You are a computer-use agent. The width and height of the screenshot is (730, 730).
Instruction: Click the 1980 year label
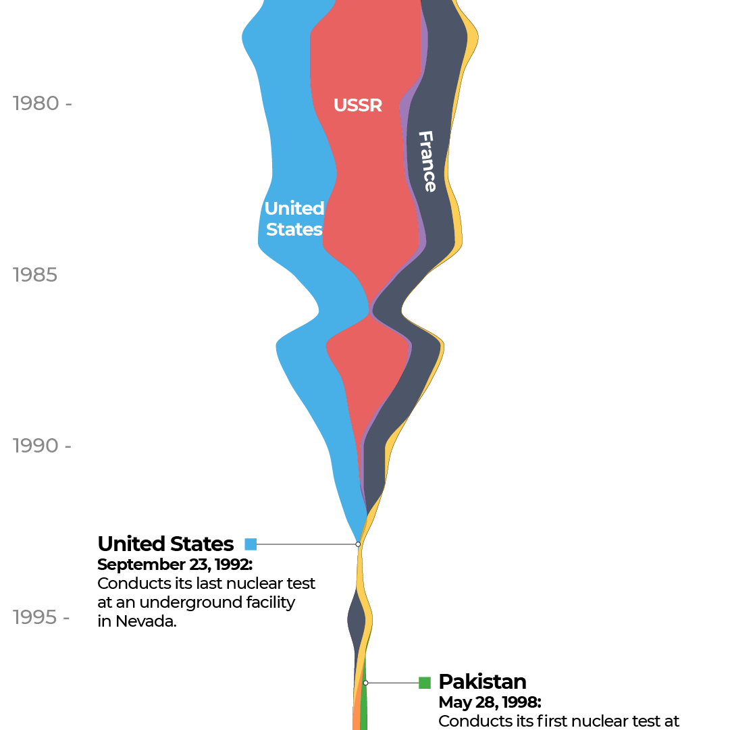tap(36, 104)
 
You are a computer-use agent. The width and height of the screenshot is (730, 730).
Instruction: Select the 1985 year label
tap(34, 276)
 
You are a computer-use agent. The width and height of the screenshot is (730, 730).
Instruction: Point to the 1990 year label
tap(36, 446)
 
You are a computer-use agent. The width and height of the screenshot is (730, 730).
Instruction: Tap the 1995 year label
tap(35, 618)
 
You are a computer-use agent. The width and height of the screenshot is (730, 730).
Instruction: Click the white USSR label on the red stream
tap(358, 106)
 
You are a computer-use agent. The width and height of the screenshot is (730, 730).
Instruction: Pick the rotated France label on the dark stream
tap(427, 161)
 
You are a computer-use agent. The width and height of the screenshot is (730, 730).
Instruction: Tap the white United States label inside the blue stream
tap(294, 219)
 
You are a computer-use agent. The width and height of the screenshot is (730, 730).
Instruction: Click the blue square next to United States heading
tap(251, 544)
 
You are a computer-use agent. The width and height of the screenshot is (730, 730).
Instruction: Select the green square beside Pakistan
tap(425, 683)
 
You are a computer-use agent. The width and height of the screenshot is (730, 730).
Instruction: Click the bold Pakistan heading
tap(482, 681)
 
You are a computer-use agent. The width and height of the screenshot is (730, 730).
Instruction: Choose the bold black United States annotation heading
tap(165, 544)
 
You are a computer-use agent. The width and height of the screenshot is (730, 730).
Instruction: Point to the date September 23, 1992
tap(175, 565)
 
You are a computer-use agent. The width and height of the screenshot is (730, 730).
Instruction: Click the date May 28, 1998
tap(490, 702)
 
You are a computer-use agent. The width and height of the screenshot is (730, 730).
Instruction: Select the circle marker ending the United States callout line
tap(359, 544)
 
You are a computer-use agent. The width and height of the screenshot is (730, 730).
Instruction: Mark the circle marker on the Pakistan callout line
tap(365, 683)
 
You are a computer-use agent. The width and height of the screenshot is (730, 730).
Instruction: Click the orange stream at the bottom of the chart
tap(356, 719)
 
